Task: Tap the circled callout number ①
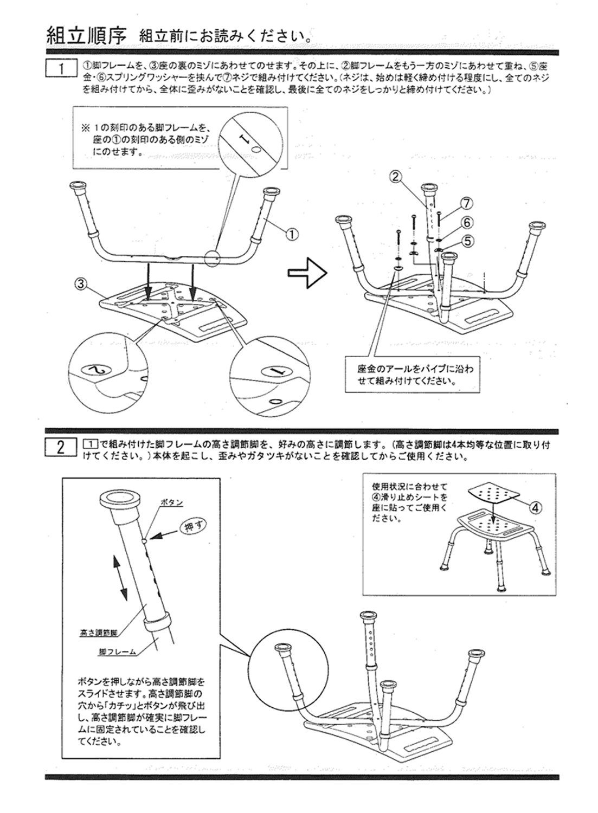point(291,234)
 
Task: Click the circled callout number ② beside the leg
point(396,176)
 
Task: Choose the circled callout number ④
point(535,507)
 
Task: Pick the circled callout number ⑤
point(467,239)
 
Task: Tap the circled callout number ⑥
point(467,221)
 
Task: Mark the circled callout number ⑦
point(467,203)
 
